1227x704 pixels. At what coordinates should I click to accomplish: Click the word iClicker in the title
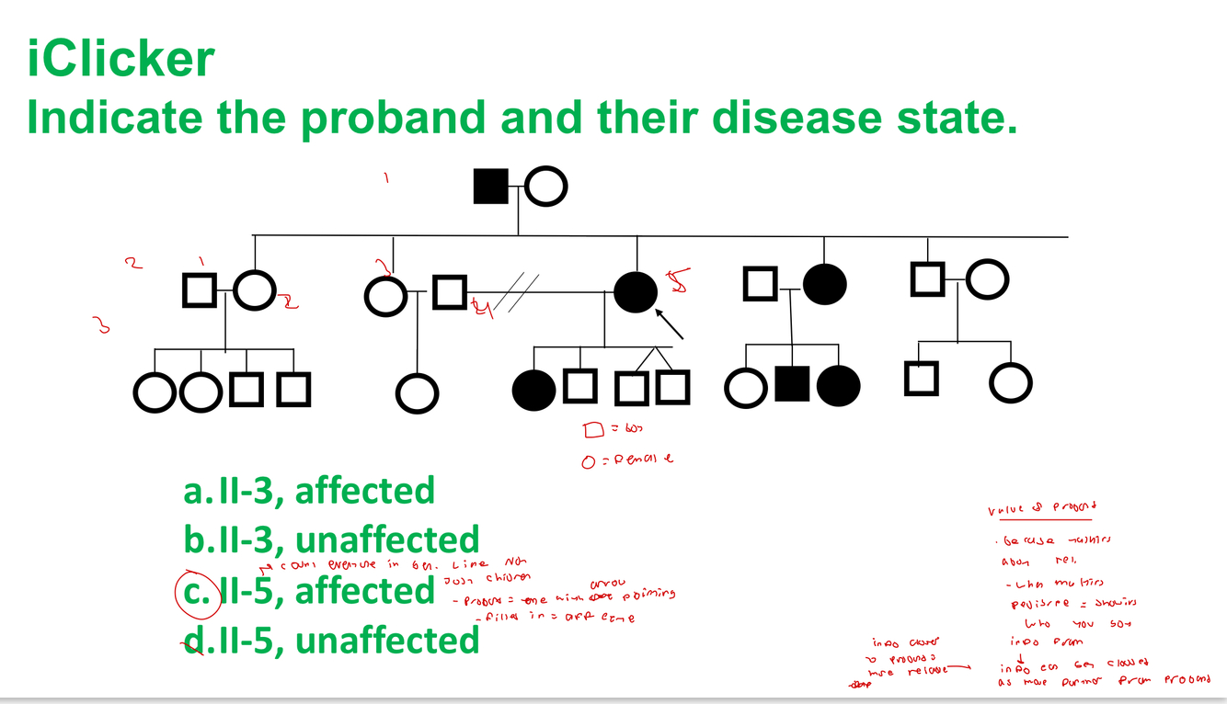(x=120, y=59)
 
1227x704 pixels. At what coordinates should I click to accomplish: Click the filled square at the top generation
(x=491, y=187)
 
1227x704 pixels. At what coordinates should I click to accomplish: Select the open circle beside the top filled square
(x=545, y=187)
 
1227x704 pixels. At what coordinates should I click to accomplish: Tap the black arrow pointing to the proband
(x=670, y=323)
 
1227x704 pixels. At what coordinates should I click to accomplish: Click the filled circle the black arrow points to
(x=636, y=292)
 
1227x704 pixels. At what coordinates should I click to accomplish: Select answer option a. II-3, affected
(x=309, y=491)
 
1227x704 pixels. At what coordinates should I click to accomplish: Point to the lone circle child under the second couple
(x=418, y=393)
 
